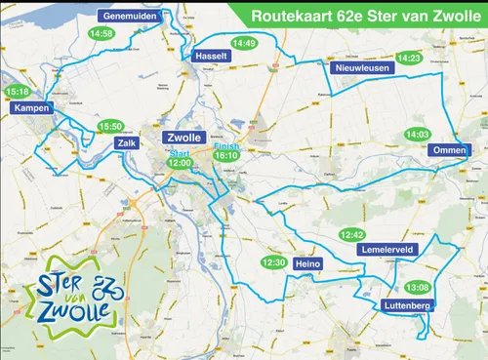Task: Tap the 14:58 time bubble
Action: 101,33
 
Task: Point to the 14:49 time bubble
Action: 244,43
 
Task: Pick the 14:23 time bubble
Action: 409,59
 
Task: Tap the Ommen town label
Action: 450,150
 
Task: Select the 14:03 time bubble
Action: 418,134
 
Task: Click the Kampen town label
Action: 32,109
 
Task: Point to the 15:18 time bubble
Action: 18,93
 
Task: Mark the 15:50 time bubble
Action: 110,127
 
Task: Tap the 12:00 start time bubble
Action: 180,164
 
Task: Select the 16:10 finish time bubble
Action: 226,155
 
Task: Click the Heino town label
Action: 307,263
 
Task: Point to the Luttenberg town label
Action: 402,306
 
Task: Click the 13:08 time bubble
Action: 417,288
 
